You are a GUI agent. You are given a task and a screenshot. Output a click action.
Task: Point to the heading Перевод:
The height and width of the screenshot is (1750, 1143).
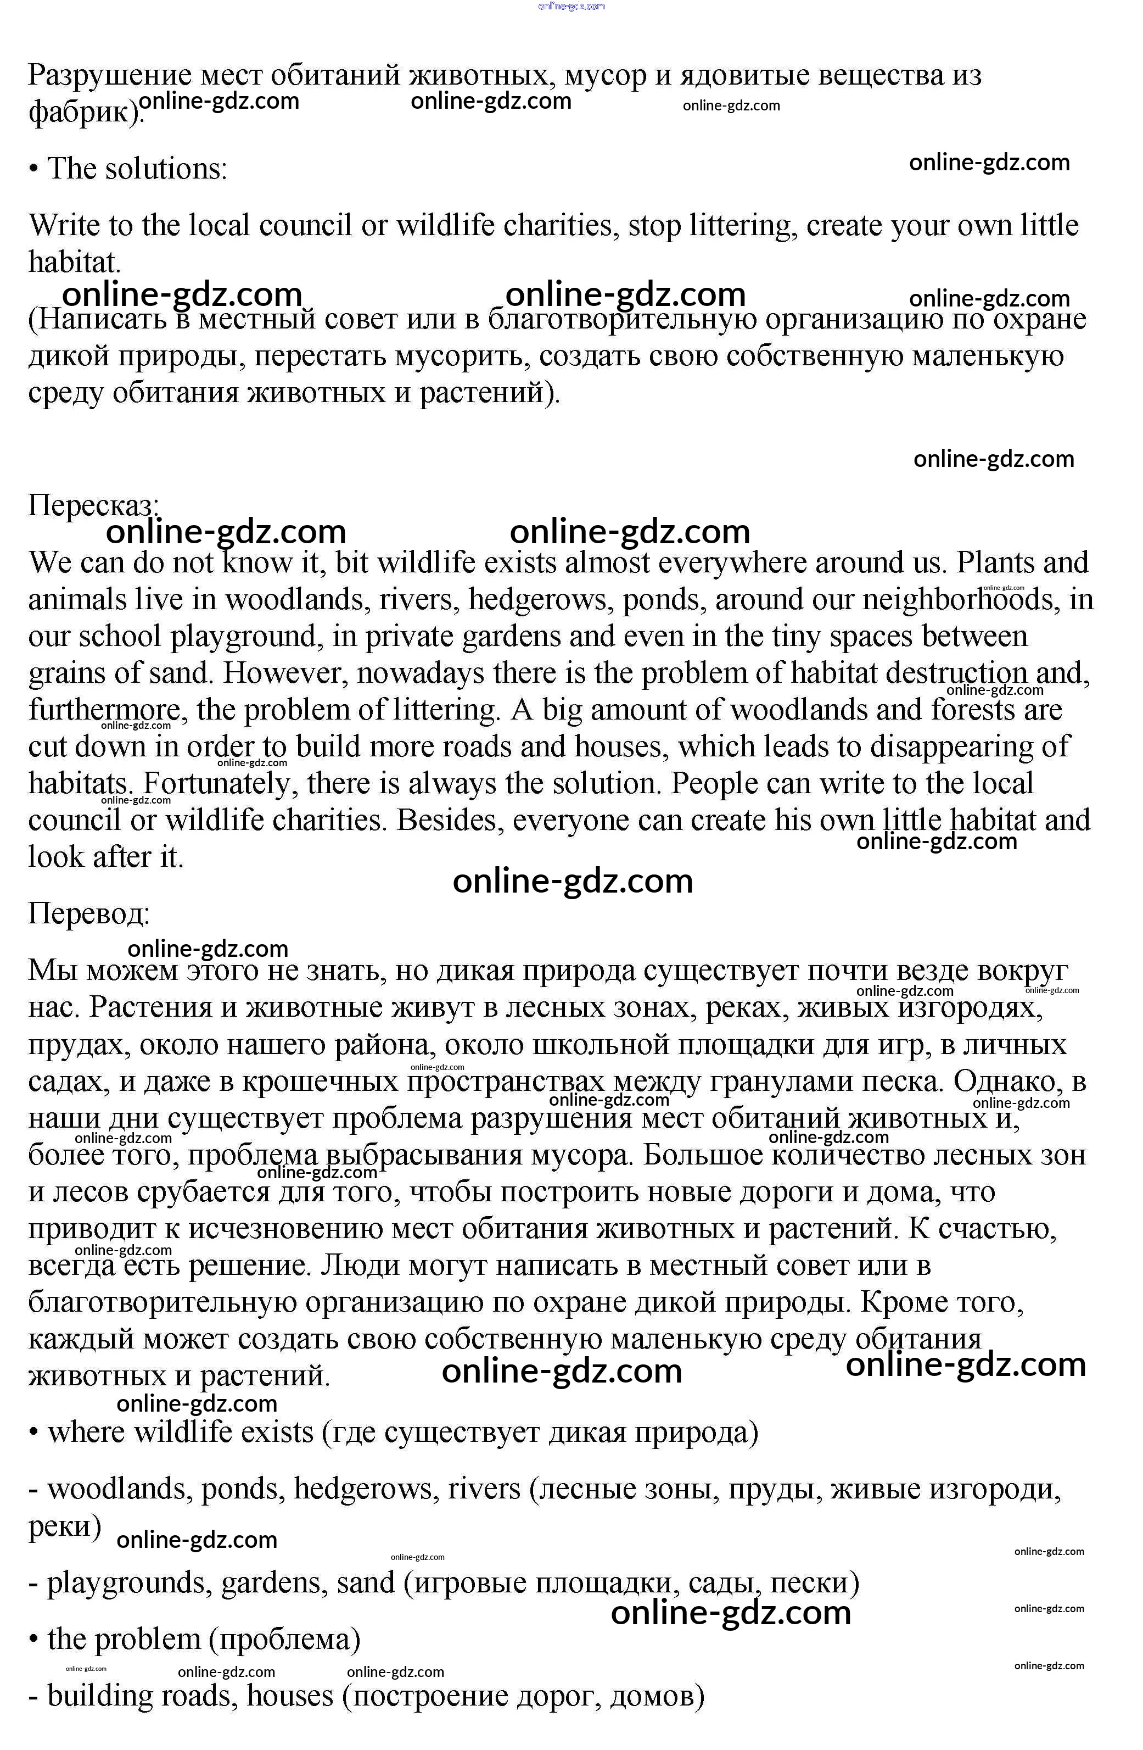pyautogui.click(x=89, y=914)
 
